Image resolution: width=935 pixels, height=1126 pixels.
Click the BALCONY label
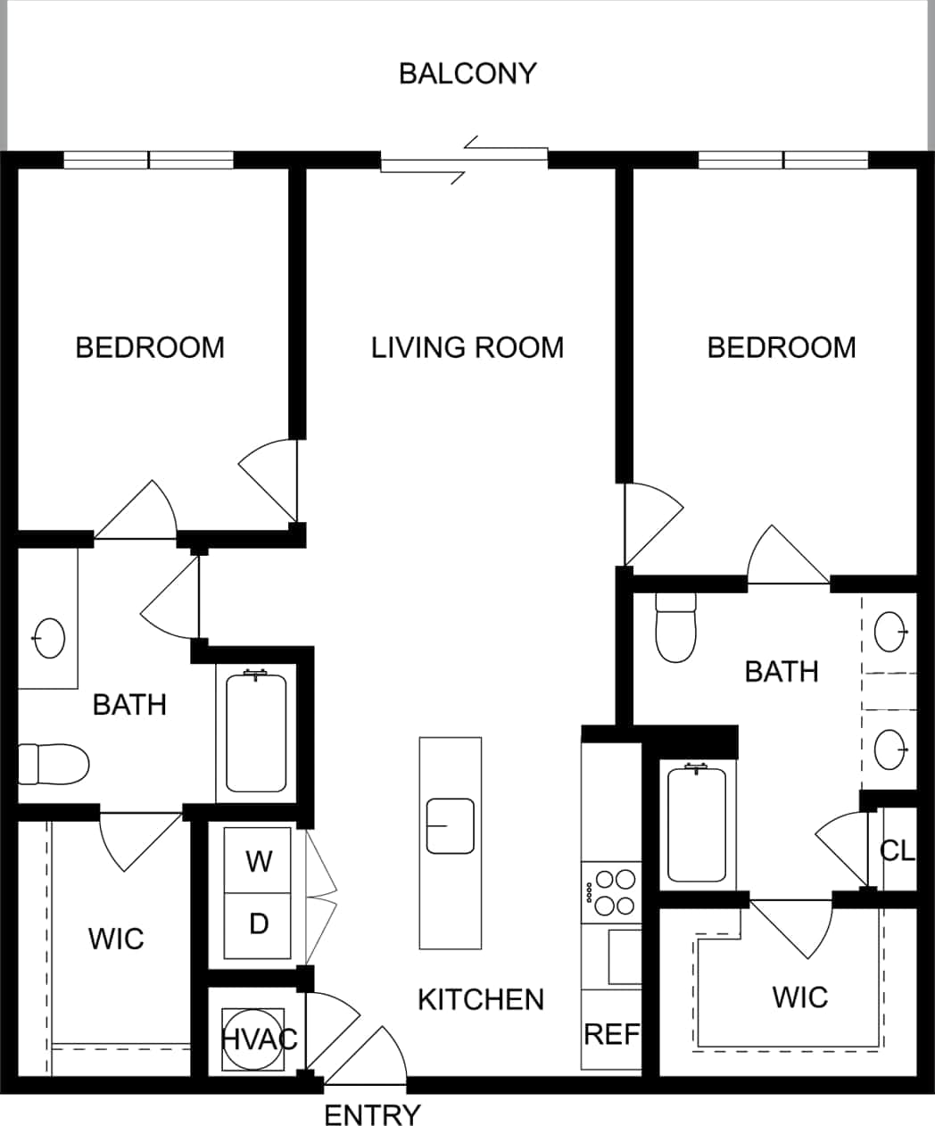pos(467,73)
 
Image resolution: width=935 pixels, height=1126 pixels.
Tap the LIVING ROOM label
pos(467,347)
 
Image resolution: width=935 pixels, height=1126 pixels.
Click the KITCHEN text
pos(481,999)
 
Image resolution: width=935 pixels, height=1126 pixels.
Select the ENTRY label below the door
pos(371,1114)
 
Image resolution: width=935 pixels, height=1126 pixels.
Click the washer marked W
pos(259,861)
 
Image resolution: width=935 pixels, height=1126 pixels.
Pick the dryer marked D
pos(259,924)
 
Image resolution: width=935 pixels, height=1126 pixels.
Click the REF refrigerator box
pos(611,1033)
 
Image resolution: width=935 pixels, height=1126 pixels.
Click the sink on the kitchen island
pos(450,826)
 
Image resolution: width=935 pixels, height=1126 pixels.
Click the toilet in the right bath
pos(675,629)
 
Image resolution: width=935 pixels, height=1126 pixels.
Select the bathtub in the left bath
pos(256,732)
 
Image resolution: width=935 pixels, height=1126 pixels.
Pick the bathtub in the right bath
pos(696,823)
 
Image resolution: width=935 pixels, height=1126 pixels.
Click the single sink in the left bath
pos(49,638)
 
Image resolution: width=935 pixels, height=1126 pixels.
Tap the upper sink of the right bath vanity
pos(890,632)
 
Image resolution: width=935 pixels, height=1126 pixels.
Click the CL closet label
pos(897,851)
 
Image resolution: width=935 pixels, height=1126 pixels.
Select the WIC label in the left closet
pos(116,939)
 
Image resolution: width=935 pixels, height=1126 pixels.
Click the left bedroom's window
pos(148,161)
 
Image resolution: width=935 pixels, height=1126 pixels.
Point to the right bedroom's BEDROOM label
pos(782,347)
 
